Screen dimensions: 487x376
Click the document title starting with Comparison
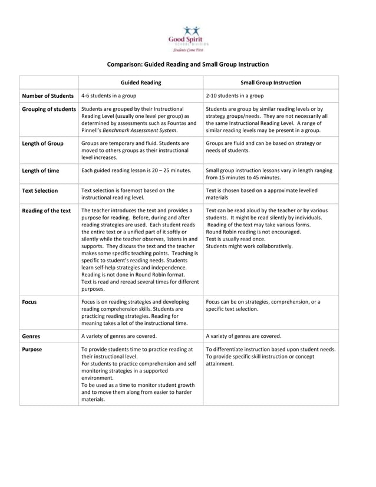point(187,64)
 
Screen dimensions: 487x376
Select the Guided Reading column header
point(141,83)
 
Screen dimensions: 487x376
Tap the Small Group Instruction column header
point(271,83)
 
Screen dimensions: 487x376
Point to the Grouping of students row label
point(49,109)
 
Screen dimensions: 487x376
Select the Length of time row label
point(41,171)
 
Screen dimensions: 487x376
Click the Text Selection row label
point(40,191)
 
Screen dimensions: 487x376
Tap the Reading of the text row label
point(47,210)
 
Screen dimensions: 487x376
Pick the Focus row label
point(29,302)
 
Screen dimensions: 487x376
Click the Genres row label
point(31,336)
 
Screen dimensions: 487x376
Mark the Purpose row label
point(32,349)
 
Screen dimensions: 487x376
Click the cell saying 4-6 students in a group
point(109,96)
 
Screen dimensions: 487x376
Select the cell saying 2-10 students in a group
point(235,96)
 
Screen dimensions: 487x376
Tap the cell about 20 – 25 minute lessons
point(136,171)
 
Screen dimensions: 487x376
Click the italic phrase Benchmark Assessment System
point(143,130)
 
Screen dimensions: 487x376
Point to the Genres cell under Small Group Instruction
point(243,336)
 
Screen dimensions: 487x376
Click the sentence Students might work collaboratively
point(249,246)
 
